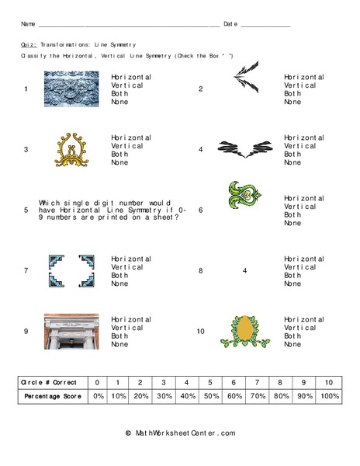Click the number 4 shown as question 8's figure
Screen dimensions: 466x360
[244, 270]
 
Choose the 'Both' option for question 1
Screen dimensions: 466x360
[120, 94]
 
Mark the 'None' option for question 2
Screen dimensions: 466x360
[292, 102]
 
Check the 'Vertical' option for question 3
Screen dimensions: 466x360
[127, 146]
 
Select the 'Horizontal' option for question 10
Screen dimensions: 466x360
[303, 318]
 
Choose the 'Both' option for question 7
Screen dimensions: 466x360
[120, 275]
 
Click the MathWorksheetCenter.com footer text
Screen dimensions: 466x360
[180, 433]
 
